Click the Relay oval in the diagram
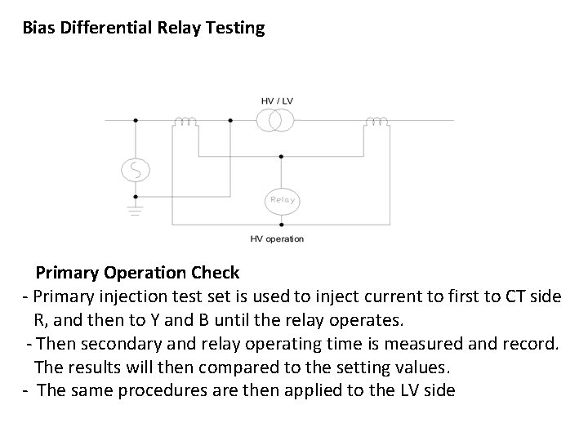[x=281, y=199]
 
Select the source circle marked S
[x=135, y=169]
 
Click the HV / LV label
[x=278, y=100]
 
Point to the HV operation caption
[x=277, y=238]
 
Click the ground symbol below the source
[x=135, y=209]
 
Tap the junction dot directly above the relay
[x=281, y=155]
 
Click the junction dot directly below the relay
[x=281, y=223]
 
